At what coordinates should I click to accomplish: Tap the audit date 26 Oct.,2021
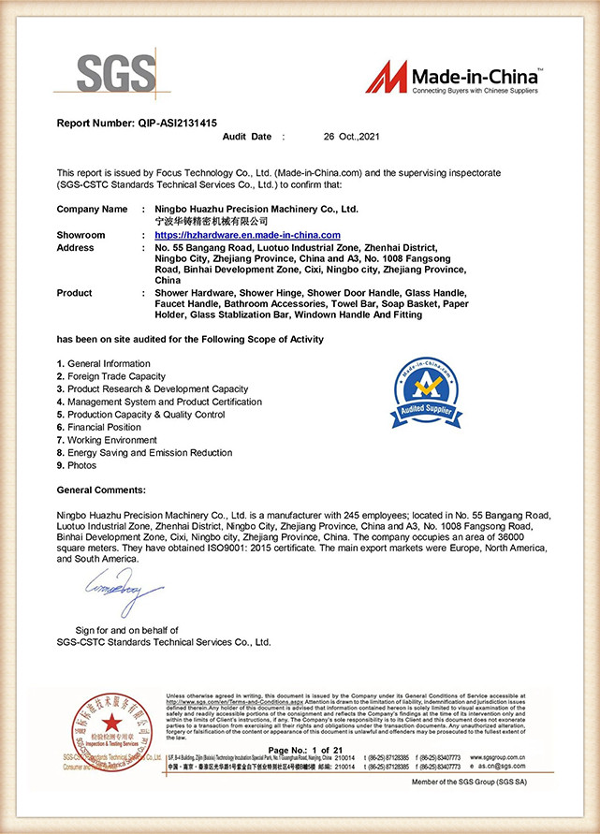[x=349, y=137]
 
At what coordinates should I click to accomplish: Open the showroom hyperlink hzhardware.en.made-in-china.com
[x=247, y=235]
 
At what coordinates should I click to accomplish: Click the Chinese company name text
[x=204, y=220]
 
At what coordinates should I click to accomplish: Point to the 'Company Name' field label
[x=92, y=209]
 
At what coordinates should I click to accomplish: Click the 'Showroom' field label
[x=81, y=235]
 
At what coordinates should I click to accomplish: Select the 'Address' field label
[x=76, y=248]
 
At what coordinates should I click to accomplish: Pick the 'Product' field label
[x=75, y=293]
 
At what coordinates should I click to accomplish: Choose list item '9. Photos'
[x=77, y=465]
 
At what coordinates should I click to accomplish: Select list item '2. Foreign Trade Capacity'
[x=111, y=376]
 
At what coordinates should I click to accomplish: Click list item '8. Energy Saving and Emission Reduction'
[x=144, y=452]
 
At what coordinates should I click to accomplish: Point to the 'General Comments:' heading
[x=101, y=490]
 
